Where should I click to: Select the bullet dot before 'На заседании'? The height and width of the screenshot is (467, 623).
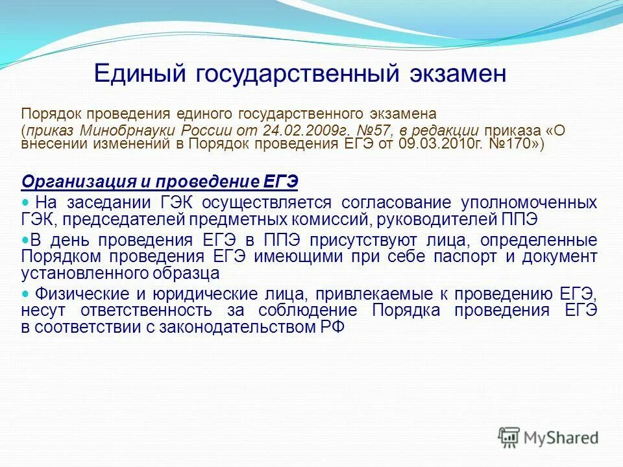(x=26, y=201)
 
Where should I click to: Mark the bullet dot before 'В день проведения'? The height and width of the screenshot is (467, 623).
(x=26, y=239)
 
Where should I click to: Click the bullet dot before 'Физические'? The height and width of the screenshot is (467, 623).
(x=26, y=293)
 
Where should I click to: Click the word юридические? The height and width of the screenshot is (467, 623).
(x=173, y=293)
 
